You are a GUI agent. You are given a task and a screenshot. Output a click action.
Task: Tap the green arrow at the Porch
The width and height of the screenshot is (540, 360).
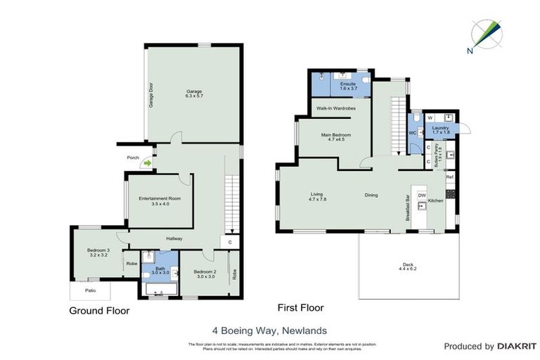point(147,164)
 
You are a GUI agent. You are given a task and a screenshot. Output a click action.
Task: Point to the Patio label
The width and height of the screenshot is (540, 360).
point(91,290)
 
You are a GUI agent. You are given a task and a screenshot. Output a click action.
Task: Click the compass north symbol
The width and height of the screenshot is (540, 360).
point(487,34)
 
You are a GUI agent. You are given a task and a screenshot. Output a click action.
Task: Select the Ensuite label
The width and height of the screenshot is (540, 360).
point(349,86)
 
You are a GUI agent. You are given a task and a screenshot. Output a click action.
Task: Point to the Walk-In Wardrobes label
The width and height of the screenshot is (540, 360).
point(335,108)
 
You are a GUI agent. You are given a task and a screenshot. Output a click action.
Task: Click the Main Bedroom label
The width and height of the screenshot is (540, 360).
point(335,136)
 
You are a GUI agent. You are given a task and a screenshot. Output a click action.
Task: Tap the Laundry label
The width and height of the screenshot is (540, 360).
point(441,129)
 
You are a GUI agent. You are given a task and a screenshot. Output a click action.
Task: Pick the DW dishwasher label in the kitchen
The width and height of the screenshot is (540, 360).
point(422,195)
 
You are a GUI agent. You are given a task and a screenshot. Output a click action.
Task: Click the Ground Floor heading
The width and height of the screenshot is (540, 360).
point(99,309)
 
